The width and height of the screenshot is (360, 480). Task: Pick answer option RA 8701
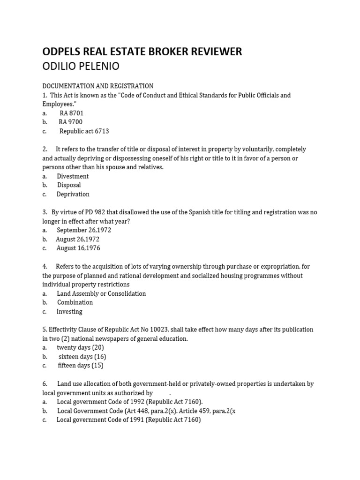tap(71, 113)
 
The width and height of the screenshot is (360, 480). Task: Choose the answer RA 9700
tap(70, 122)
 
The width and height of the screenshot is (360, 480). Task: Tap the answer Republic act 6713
tap(84, 131)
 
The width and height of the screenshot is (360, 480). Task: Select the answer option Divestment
tap(73, 176)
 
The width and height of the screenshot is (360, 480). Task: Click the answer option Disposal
tap(69, 185)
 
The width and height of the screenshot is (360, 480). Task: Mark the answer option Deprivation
tap(73, 194)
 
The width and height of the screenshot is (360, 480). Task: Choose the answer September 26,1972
tap(84, 230)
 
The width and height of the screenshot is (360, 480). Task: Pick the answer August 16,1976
tap(78, 248)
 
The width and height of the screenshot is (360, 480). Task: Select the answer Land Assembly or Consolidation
tap(101, 293)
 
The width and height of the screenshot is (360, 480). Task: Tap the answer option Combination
tap(75, 302)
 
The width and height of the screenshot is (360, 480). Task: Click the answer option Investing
tap(69, 311)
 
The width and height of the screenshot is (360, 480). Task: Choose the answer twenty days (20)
tap(80, 347)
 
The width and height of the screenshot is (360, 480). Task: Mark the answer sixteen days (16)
tap(82, 356)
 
